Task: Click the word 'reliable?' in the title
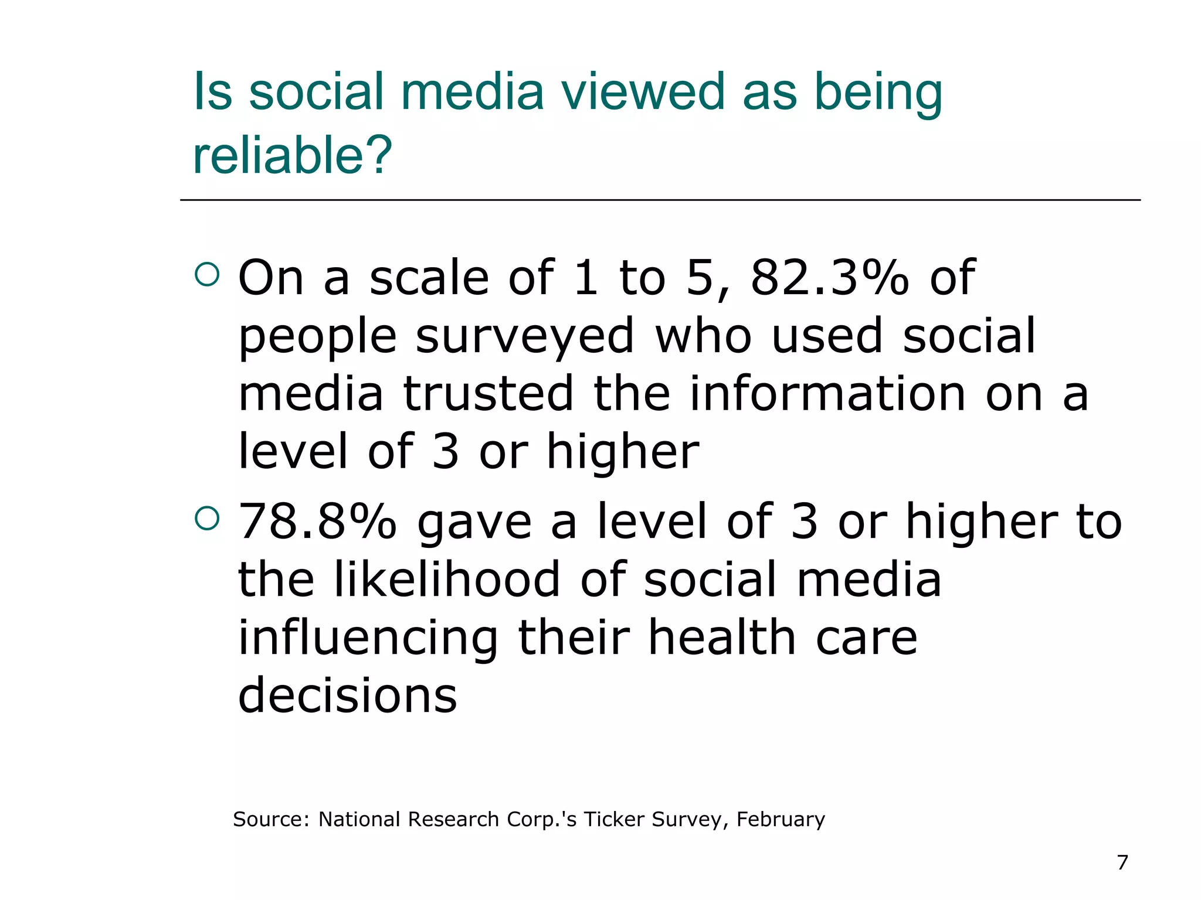coord(292,155)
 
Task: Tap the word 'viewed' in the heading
coord(643,92)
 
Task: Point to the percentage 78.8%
coord(317,521)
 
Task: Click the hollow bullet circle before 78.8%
coord(206,517)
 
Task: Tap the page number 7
coord(1122,862)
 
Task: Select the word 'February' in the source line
coord(781,819)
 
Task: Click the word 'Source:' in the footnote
coord(271,819)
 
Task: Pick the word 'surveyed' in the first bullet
coord(525,337)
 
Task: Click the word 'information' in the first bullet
coord(827,394)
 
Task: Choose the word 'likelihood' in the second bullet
coord(447,579)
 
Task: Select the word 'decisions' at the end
coord(347,696)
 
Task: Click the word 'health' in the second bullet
coord(722,637)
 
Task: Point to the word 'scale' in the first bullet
coord(429,278)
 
